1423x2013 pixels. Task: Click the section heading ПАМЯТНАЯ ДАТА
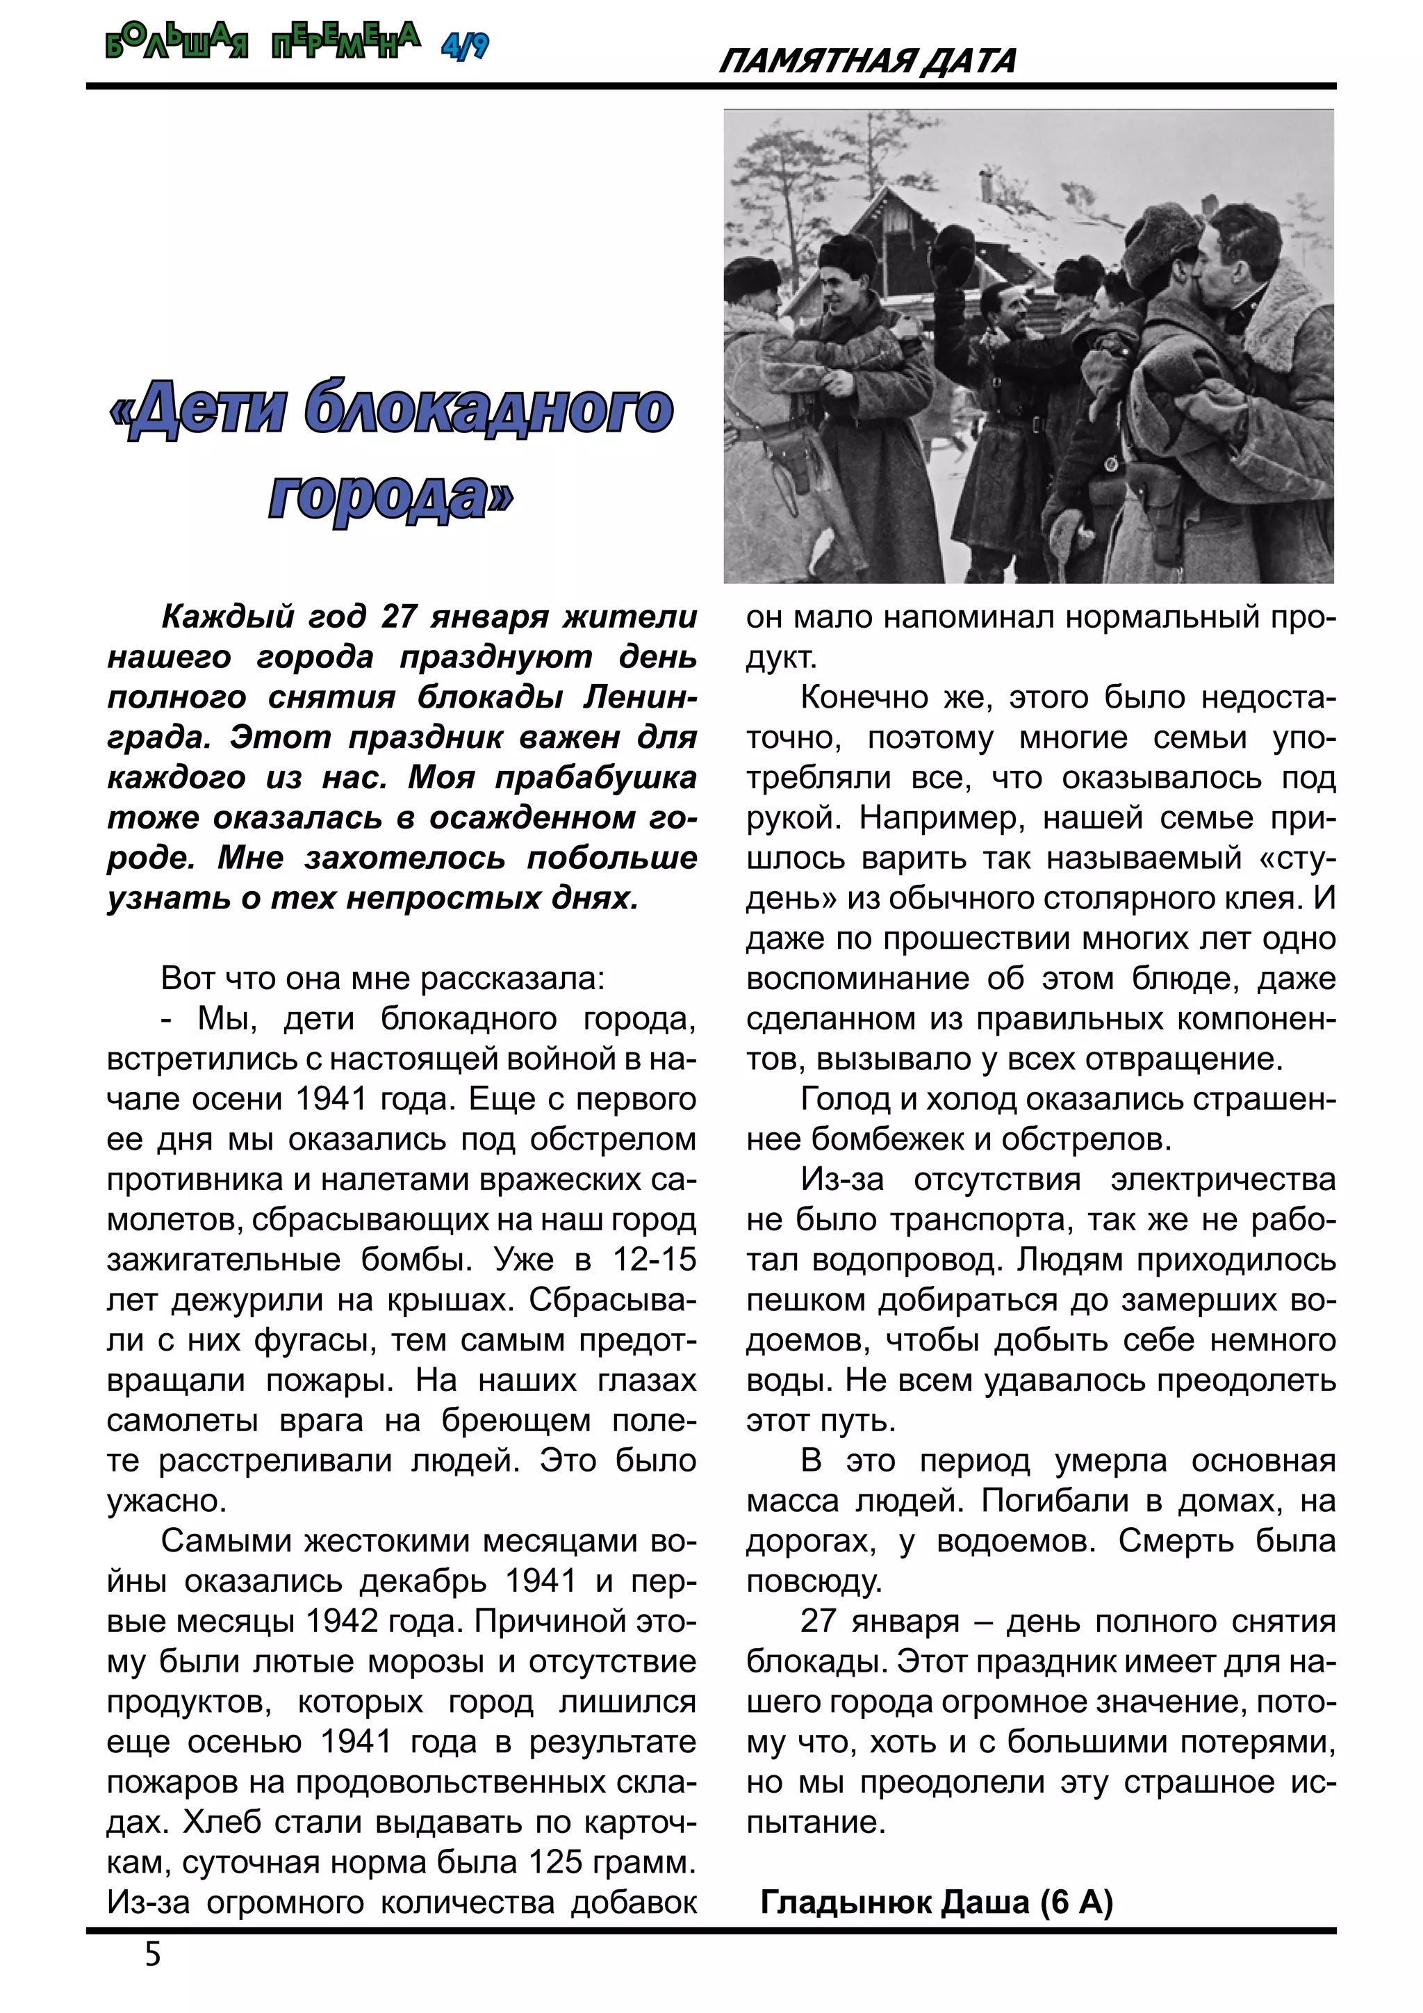(x=866, y=61)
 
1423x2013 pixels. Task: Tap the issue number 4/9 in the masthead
(x=464, y=44)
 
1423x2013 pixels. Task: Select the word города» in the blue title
(x=390, y=496)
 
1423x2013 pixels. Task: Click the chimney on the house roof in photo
(x=986, y=185)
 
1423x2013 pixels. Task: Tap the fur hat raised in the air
(x=953, y=254)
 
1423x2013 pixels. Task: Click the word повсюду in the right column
(x=812, y=1581)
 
